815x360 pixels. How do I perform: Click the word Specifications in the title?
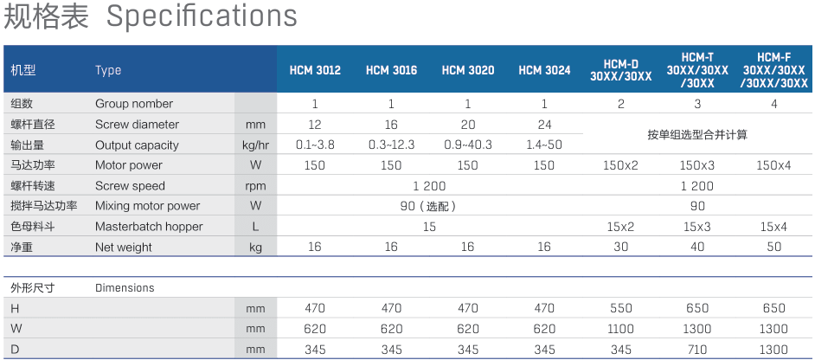pos(202,16)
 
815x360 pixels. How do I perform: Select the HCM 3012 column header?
pos(315,70)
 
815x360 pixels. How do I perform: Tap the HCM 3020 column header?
pos(468,70)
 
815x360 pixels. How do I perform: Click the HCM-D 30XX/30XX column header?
pos(620,70)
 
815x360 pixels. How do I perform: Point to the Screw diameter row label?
pos(137,125)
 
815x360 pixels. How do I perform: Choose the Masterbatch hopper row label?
pos(149,227)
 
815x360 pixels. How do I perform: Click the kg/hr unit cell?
pos(255,145)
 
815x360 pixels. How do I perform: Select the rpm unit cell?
pos(255,186)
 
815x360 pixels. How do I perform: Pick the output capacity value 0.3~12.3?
pos(391,145)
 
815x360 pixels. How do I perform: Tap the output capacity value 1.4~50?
pos(544,145)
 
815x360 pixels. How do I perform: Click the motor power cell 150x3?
pos(697,165)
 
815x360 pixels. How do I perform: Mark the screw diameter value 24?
pos(544,125)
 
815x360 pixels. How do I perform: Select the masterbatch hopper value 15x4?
pos(773,227)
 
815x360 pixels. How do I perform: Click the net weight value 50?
pos(774,247)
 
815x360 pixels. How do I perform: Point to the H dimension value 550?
pos(621,308)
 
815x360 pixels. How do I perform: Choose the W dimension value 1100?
pos(621,329)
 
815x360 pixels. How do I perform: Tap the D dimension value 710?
pos(697,349)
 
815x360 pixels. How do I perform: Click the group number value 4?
pos(774,104)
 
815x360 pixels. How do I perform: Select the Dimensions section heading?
pos(125,287)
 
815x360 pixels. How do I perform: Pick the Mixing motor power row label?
pos(147,206)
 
